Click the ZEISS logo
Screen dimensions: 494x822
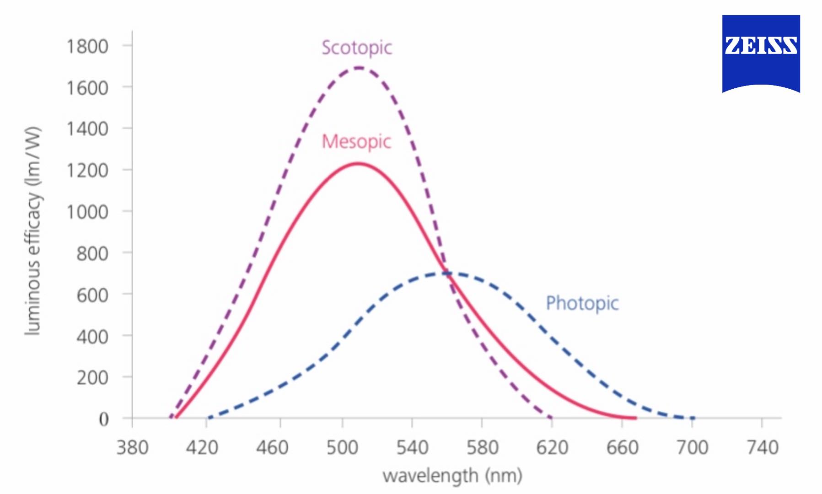click(x=761, y=54)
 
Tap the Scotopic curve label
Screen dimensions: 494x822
click(x=357, y=48)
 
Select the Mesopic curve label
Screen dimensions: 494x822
click(x=356, y=141)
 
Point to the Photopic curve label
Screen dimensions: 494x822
click(x=582, y=303)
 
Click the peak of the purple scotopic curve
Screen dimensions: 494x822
click(x=359, y=68)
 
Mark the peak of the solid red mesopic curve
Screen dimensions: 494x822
click(x=358, y=163)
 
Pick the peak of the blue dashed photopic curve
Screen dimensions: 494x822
click(x=446, y=274)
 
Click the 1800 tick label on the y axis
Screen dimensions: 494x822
click(x=87, y=46)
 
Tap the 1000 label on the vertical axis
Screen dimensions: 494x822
click(x=87, y=212)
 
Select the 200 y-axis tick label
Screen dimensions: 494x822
click(x=92, y=378)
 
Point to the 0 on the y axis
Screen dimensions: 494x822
click(x=104, y=419)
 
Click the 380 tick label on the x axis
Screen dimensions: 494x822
click(x=132, y=447)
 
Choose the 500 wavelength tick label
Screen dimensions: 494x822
click(x=342, y=447)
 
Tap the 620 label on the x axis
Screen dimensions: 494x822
click(x=552, y=447)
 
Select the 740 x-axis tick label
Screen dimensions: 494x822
click(x=762, y=447)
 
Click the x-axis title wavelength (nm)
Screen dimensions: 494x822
click(x=452, y=476)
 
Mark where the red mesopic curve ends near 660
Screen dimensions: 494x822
click(x=635, y=418)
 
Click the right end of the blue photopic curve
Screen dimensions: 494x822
click(x=693, y=418)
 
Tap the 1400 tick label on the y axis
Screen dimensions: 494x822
click(x=87, y=129)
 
